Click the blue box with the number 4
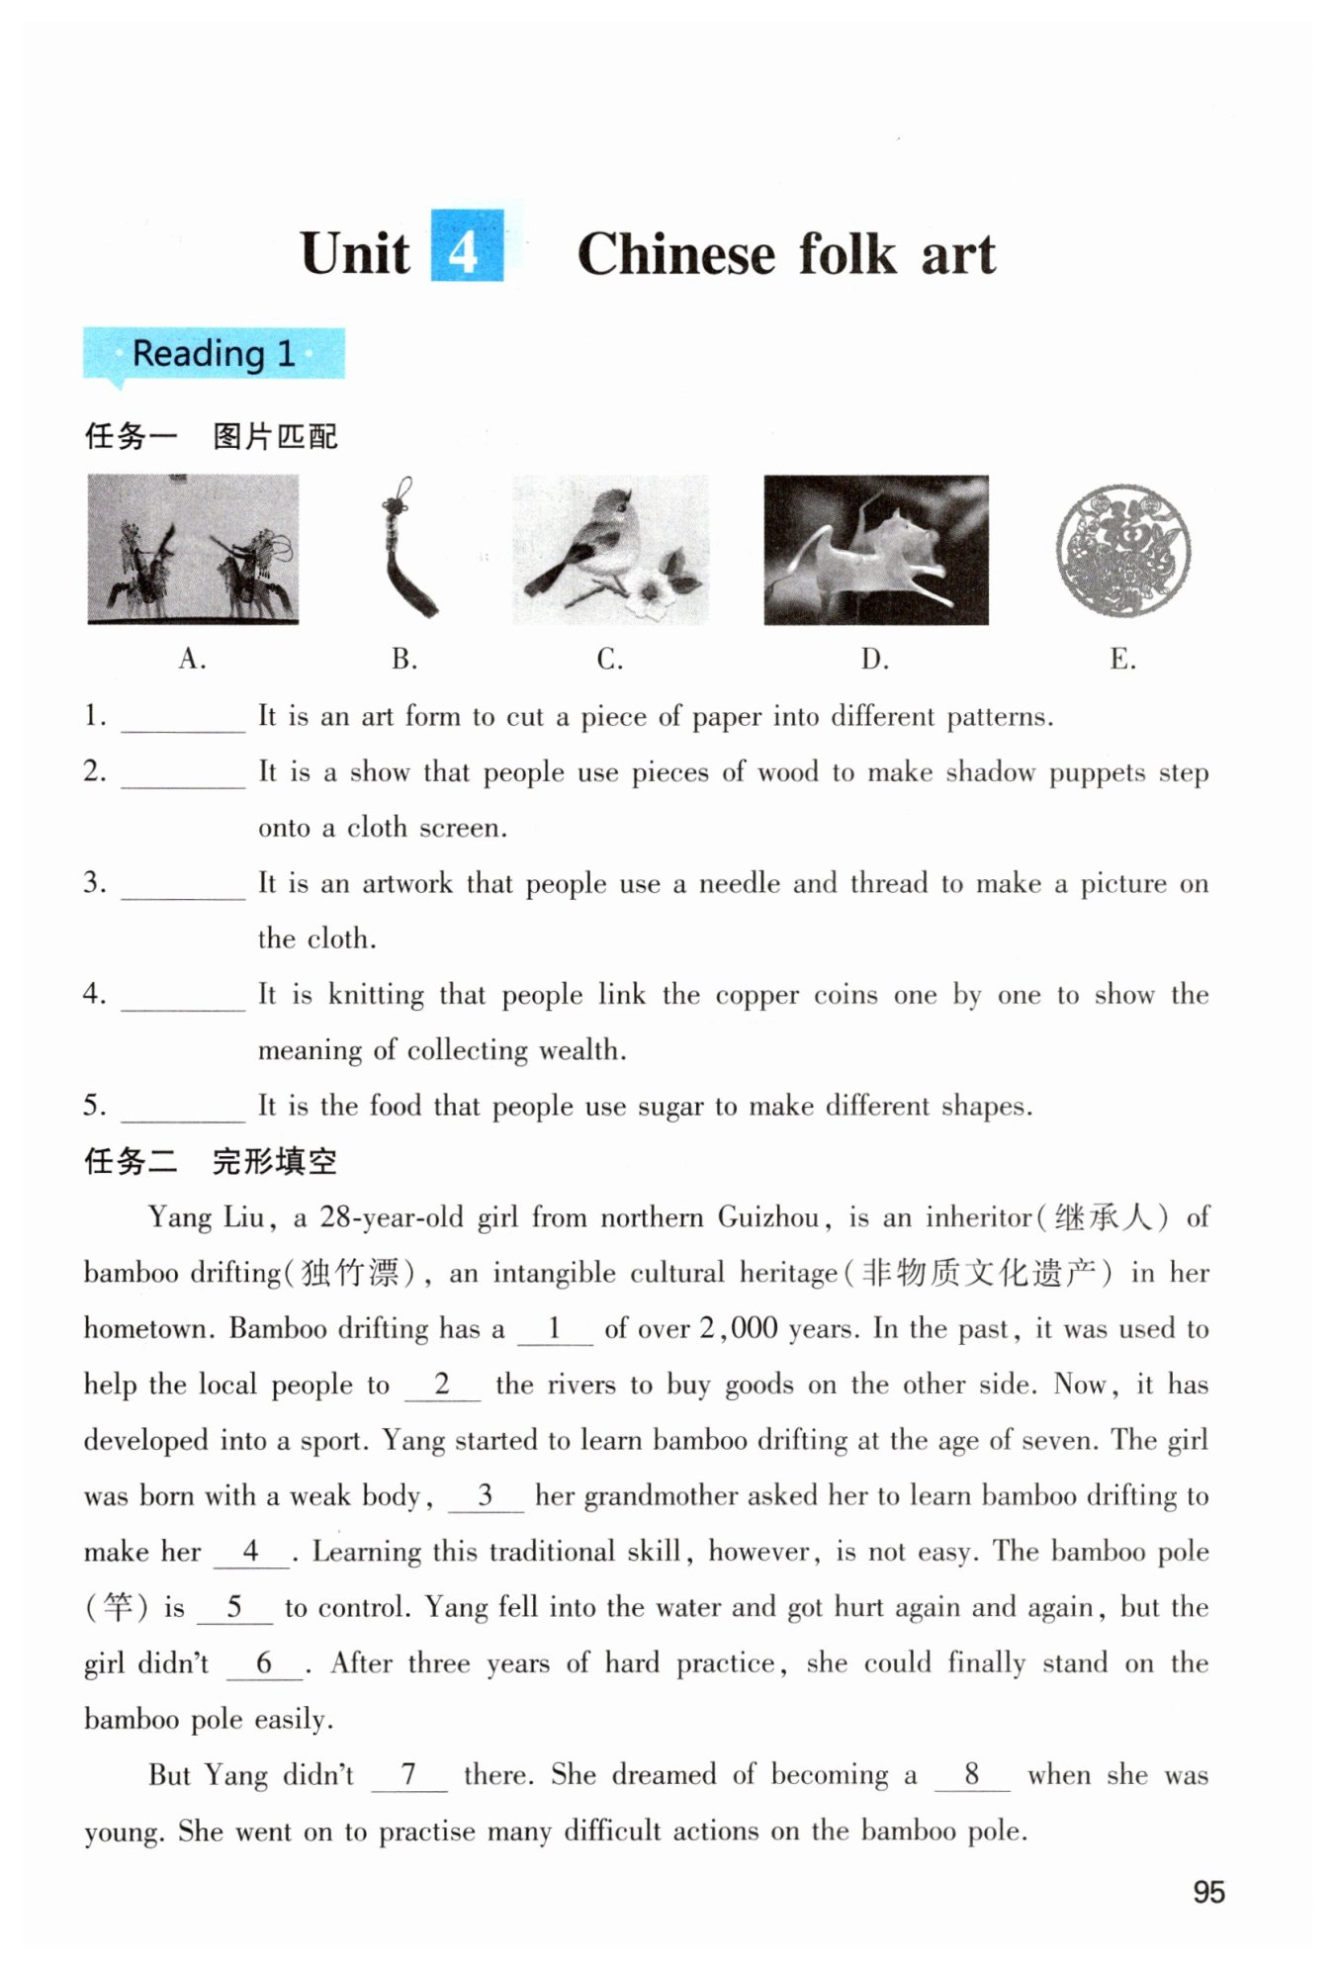click(x=467, y=246)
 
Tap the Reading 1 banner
click(x=214, y=353)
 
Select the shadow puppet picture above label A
click(x=193, y=549)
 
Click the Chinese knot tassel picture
click(x=406, y=547)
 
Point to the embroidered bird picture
click(x=610, y=549)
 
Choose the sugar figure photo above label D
click(x=875, y=550)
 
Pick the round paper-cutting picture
click(x=1122, y=550)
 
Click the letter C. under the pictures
click(x=609, y=659)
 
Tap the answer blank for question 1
click(x=183, y=719)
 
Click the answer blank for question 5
click(x=183, y=1109)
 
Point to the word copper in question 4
click(x=756, y=995)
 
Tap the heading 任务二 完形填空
click(x=211, y=1161)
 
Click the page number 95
click(x=1208, y=1892)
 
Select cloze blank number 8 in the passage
click(x=972, y=1776)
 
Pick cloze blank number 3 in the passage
click(x=486, y=1496)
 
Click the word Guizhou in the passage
click(x=768, y=1217)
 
